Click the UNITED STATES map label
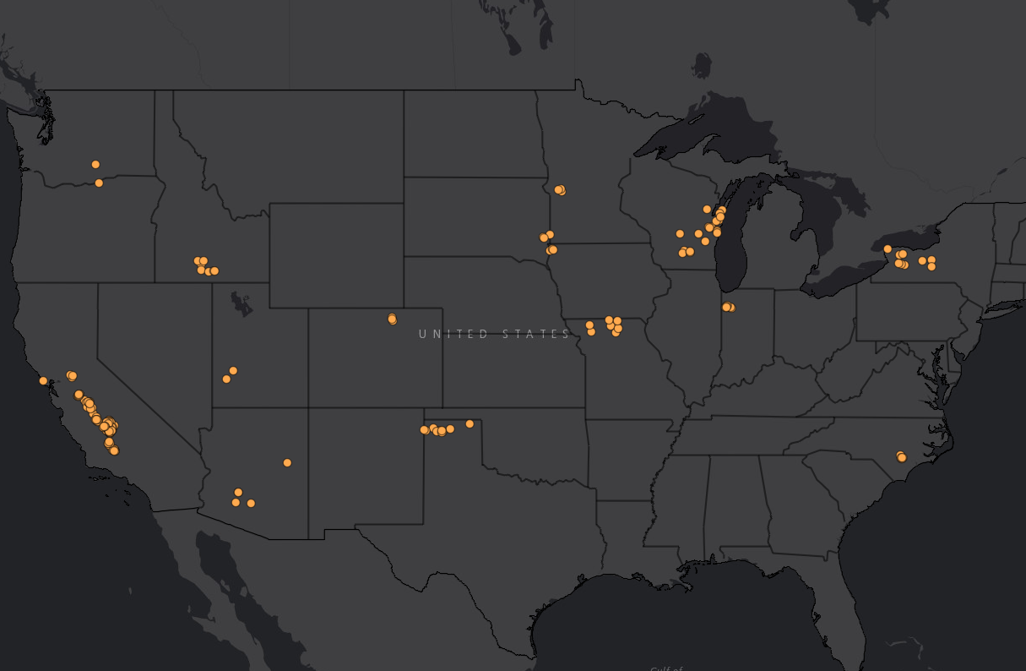point(495,334)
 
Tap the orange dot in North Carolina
point(901,457)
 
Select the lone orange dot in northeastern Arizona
point(287,462)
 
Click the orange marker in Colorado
point(392,319)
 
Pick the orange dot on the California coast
point(43,380)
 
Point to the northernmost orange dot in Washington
point(95,164)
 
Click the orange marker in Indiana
point(728,307)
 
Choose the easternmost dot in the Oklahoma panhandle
point(470,423)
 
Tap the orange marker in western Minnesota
point(560,190)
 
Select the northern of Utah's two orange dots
point(233,370)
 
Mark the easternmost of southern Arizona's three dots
point(251,503)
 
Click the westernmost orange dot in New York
point(888,248)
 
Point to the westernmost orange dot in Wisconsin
point(680,233)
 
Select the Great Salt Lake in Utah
point(242,303)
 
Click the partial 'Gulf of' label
point(665,668)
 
